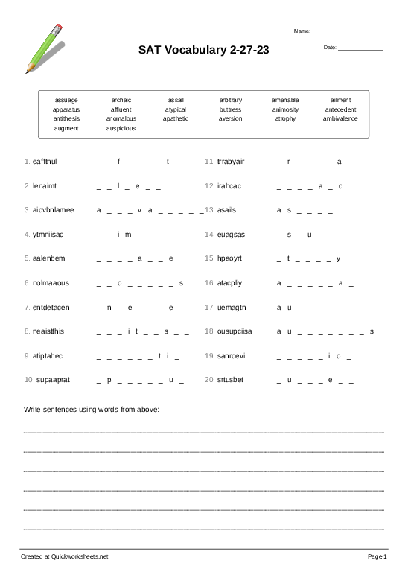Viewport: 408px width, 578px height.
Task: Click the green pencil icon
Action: (x=45, y=47)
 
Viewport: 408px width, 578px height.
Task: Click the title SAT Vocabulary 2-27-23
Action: (x=203, y=51)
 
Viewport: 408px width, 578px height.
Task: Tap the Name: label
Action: (x=302, y=31)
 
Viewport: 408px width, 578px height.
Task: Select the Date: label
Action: (x=330, y=48)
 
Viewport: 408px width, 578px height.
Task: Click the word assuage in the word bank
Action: (x=66, y=100)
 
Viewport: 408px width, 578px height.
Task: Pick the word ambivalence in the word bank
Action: (x=340, y=118)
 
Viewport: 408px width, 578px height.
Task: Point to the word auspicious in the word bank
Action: (x=121, y=128)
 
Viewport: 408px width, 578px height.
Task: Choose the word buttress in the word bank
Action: (x=230, y=109)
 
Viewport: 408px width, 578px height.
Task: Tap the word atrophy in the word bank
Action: (x=285, y=118)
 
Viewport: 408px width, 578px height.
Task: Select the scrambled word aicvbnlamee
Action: (x=54, y=210)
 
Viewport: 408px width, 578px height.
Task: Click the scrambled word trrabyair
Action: (x=231, y=161)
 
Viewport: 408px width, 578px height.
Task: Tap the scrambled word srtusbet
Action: (x=230, y=380)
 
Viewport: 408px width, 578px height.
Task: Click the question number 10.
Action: (x=29, y=380)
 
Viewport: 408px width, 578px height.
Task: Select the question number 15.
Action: (x=209, y=258)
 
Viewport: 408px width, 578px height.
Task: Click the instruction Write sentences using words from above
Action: (x=92, y=410)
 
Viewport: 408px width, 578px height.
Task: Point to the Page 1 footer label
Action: (x=377, y=556)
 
